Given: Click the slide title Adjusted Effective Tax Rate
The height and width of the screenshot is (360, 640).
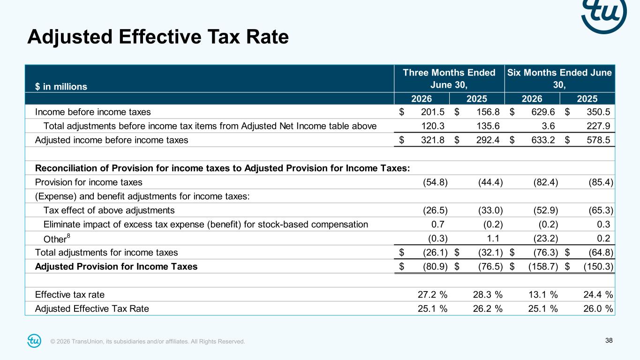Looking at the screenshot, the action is [x=158, y=37].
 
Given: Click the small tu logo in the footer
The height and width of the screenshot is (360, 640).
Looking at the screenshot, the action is [x=34, y=341].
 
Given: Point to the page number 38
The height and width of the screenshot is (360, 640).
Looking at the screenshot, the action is [x=609, y=340].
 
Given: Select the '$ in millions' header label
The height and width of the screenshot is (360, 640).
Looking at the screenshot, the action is [x=61, y=87].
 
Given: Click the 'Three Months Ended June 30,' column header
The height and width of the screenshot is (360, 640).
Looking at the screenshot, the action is [x=449, y=79].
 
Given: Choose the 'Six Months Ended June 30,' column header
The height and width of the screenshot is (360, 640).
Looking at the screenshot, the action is [x=559, y=79].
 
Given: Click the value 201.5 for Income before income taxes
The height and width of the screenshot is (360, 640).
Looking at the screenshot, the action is [x=433, y=112].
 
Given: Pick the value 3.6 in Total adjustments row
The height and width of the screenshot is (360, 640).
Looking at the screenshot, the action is [x=548, y=126].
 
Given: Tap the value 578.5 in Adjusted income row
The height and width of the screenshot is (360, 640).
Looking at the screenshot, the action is [x=598, y=140].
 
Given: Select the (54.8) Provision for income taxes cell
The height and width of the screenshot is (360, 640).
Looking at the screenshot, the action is [x=435, y=182].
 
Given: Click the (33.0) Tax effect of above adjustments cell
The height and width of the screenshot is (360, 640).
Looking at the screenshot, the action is [x=490, y=210].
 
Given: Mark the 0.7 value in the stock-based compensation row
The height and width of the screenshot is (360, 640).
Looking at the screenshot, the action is [x=438, y=224].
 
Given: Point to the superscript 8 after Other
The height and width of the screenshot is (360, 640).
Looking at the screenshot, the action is [x=68, y=236].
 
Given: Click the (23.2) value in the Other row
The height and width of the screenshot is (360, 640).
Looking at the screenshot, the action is [x=546, y=238].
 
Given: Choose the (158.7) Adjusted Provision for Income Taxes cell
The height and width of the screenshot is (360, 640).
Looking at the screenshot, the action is [x=543, y=267].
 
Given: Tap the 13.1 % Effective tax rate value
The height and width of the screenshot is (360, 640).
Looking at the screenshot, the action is [x=543, y=294].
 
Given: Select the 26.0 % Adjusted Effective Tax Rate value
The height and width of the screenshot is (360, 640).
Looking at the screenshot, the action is [x=598, y=308].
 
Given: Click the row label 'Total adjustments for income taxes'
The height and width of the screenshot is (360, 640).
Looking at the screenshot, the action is [x=106, y=253].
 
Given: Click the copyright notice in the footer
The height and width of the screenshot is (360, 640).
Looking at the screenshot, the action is [x=148, y=341].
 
